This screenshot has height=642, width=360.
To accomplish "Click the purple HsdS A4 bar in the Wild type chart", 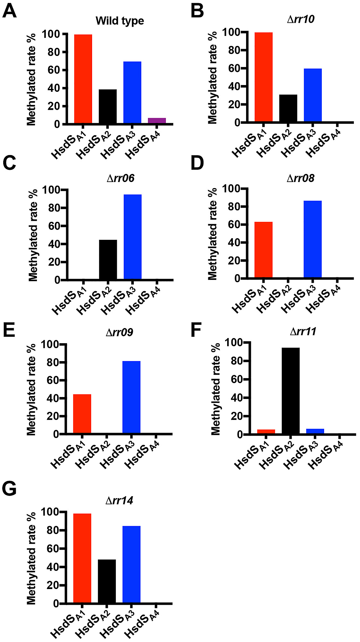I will [x=157, y=120].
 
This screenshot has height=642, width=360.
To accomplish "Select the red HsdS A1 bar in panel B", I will [x=263, y=77].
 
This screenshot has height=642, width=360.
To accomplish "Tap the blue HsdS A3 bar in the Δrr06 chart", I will [x=133, y=237].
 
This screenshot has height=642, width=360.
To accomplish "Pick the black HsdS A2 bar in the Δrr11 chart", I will [x=290, y=391].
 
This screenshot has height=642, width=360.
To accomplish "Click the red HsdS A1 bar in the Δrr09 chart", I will [x=82, y=414].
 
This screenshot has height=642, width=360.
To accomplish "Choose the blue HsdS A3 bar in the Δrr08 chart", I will [x=313, y=239].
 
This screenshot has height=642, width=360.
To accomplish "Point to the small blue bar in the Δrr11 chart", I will [x=315, y=431].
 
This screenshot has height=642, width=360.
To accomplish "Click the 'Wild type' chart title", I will [x=120, y=21].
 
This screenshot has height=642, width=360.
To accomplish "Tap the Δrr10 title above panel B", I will [x=301, y=19].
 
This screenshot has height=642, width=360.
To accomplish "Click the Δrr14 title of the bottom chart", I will [x=119, y=500].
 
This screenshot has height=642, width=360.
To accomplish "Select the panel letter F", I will [x=196, y=331].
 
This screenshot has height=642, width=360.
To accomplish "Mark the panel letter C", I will [x=10, y=163].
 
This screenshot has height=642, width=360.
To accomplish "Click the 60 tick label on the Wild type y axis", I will [x=54, y=70].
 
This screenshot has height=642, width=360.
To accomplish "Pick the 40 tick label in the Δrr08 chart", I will [x=234, y=243].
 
